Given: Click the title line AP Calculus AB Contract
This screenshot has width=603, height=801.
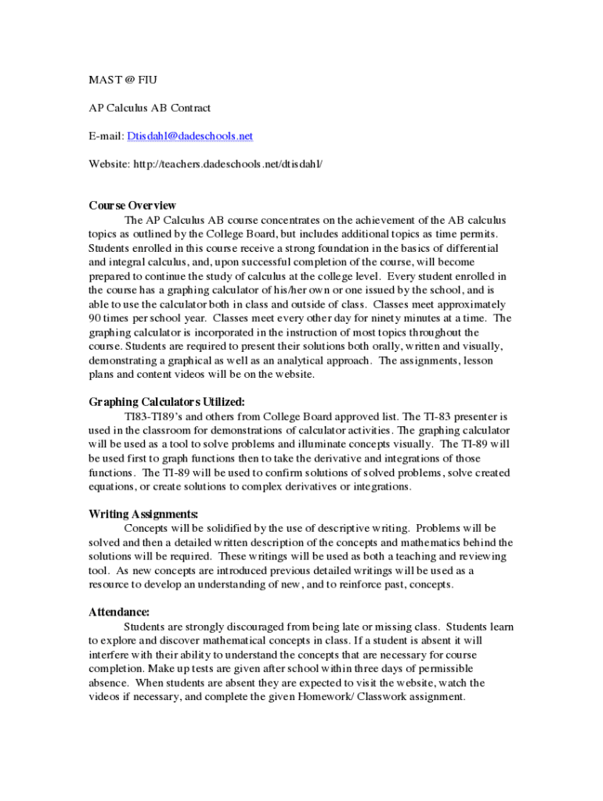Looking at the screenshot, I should pos(150,108).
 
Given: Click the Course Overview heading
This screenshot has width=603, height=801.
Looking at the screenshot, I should pos(132,206).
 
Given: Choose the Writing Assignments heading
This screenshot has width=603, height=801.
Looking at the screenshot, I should pos(143,514).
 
